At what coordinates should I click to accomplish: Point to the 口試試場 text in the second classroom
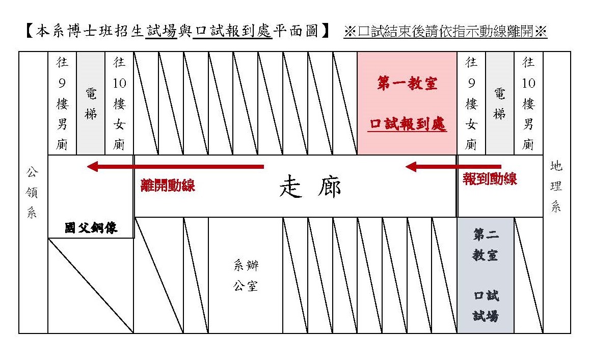tap(485, 306)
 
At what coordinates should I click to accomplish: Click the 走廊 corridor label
tap(310, 187)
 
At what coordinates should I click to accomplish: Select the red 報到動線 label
tap(490, 179)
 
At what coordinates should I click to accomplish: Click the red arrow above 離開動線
tap(175, 166)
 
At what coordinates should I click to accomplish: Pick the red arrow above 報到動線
tap(453, 166)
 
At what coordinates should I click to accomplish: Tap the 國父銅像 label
tap(91, 227)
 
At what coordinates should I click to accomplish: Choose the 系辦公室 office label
tap(246, 275)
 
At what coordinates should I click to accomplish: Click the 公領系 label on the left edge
tap(32, 193)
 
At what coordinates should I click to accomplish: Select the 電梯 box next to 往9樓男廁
tap(91, 104)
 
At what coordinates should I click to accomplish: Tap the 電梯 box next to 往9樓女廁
tap(499, 104)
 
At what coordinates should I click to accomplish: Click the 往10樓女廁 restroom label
tap(119, 104)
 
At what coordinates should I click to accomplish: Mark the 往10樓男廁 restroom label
tap(528, 104)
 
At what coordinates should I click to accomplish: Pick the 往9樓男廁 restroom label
tap(62, 104)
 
